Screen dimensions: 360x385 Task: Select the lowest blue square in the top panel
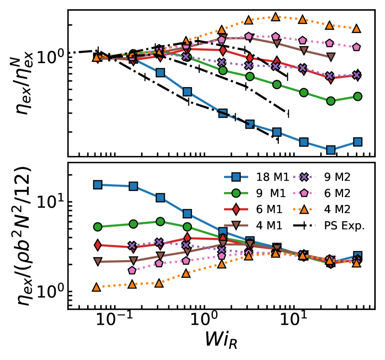(x=331, y=149)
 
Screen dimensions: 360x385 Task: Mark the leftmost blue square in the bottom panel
(x=97, y=185)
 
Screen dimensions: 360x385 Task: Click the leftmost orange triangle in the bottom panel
(x=97, y=287)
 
